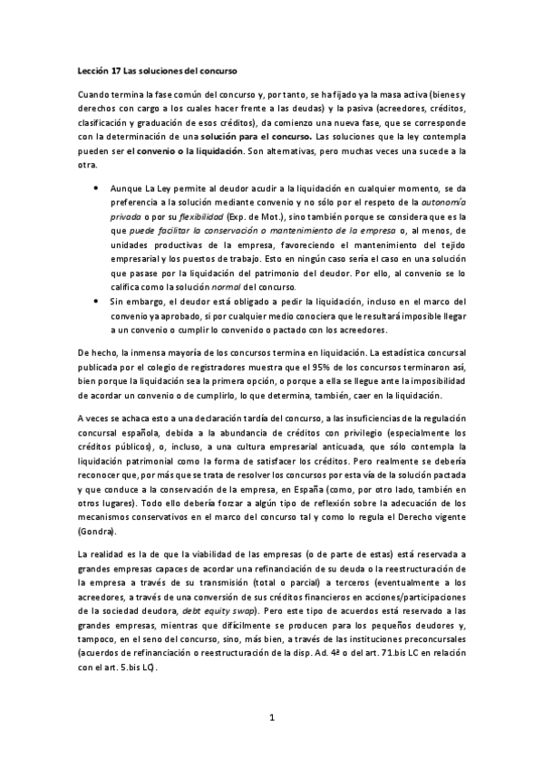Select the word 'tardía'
click(212, 416)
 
